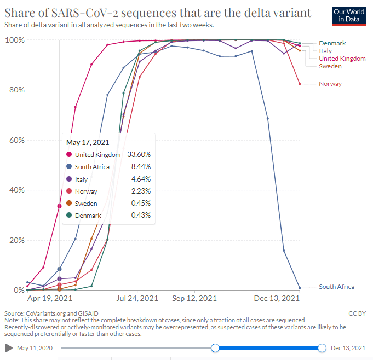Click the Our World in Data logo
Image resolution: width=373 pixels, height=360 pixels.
click(x=348, y=15)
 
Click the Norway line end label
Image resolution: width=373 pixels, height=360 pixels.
click(x=330, y=84)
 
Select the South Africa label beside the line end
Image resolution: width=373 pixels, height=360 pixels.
click(x=336, y=287)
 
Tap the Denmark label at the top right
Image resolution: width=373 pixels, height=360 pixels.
click(x=333, y=43)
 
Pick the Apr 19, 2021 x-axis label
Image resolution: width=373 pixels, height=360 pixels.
click(x=49, y=299)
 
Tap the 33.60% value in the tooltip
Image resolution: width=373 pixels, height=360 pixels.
click(x=139, y=155)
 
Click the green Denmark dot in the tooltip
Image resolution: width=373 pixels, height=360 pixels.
click(x=68, y=216)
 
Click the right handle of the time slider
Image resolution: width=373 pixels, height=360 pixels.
click(x=322, y=348)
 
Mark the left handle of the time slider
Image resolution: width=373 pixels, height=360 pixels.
click(x=215, y=348)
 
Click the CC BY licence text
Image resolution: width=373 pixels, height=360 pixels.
click(x=356, y=313)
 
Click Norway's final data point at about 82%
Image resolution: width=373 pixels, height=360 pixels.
click(x=300, y=84)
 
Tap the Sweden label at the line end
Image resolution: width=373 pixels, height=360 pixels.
click(x=330, y=66)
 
